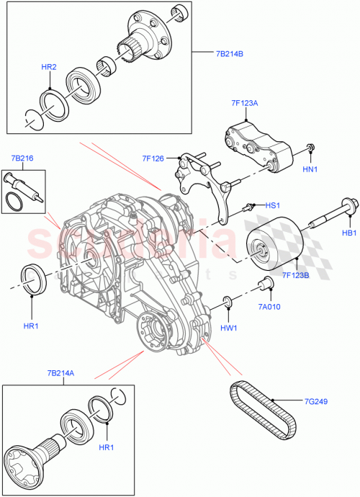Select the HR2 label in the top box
click(49, 67)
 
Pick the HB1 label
click(349, 233)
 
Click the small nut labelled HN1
click(309, 149)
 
